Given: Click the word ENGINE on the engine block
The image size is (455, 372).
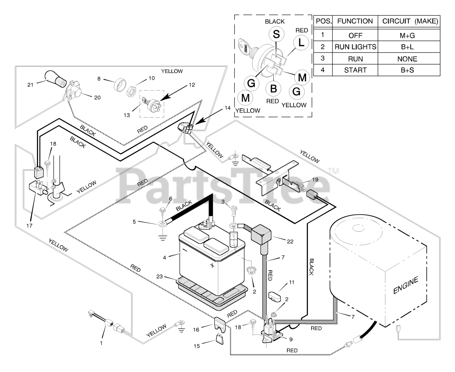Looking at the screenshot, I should click(405, 285).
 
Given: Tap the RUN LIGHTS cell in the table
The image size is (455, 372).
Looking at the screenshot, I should click(355, 47).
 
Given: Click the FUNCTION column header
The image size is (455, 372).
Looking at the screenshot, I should click(355, 21).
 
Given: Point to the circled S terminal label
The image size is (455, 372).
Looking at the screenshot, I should click(276, 34).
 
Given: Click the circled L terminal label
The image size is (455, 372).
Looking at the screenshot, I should click(301, 43).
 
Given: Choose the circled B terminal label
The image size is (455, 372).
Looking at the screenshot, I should click(273, 88).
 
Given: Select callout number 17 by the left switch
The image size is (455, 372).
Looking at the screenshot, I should click(31, 225).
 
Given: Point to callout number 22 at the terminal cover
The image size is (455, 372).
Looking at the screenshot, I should click(290, 241).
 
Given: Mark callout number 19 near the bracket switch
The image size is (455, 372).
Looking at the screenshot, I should click(315, 180).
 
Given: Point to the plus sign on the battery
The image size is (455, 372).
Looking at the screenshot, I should click(212, 265).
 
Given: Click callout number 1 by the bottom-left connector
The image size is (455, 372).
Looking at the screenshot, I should click(101, 343).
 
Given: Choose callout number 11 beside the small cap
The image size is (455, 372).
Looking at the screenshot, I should click(291, 282).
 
